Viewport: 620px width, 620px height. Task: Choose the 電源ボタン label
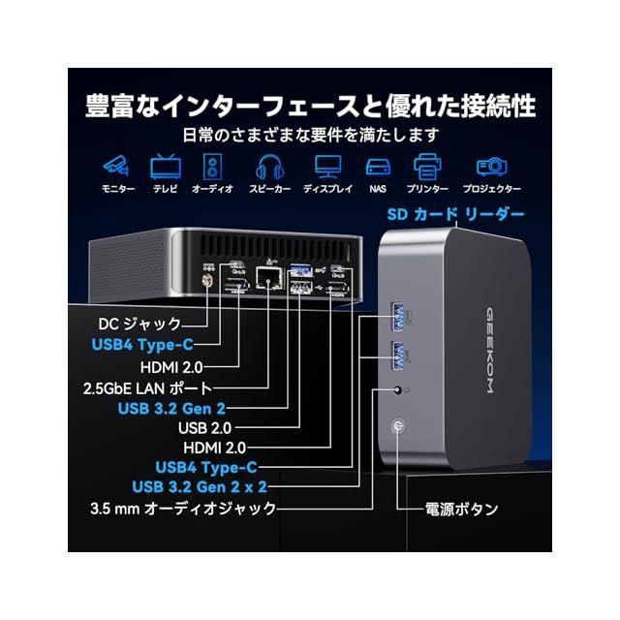coord(463,508)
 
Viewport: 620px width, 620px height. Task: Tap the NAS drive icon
coord(378,166)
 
